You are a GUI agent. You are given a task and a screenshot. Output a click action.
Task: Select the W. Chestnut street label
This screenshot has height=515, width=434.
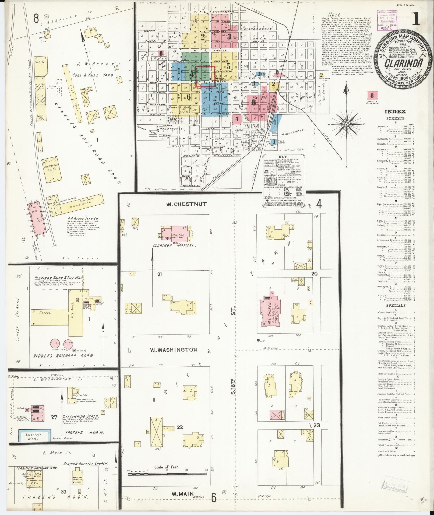(186, 204)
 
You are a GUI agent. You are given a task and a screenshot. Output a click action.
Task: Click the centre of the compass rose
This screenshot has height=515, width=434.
(347, 124)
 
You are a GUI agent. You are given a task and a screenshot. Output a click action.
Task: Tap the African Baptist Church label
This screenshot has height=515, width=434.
(86, 464)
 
